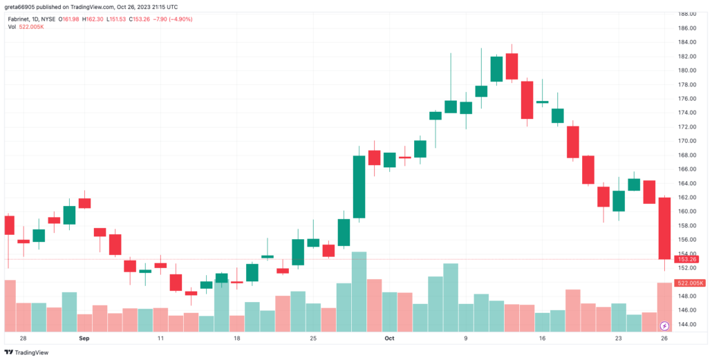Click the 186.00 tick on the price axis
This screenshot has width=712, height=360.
[x=686, y=28]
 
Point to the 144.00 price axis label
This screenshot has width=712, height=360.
[x=686, y=324]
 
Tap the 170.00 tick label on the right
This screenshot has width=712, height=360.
[x=686, y=141]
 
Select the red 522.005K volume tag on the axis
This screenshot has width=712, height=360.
[x=690, y=283]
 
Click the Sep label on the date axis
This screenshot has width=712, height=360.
[x=84, y=339]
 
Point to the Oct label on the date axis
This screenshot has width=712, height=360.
[x=389, y=339]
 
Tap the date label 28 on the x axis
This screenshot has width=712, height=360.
[x=23, y=339]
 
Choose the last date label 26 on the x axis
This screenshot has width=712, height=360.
[x=664, y=339]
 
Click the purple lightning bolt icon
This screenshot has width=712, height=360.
[x=664, y=325]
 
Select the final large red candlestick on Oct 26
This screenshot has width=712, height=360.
[x=664, y=228]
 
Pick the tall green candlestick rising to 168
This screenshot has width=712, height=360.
[x=359, y=187]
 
